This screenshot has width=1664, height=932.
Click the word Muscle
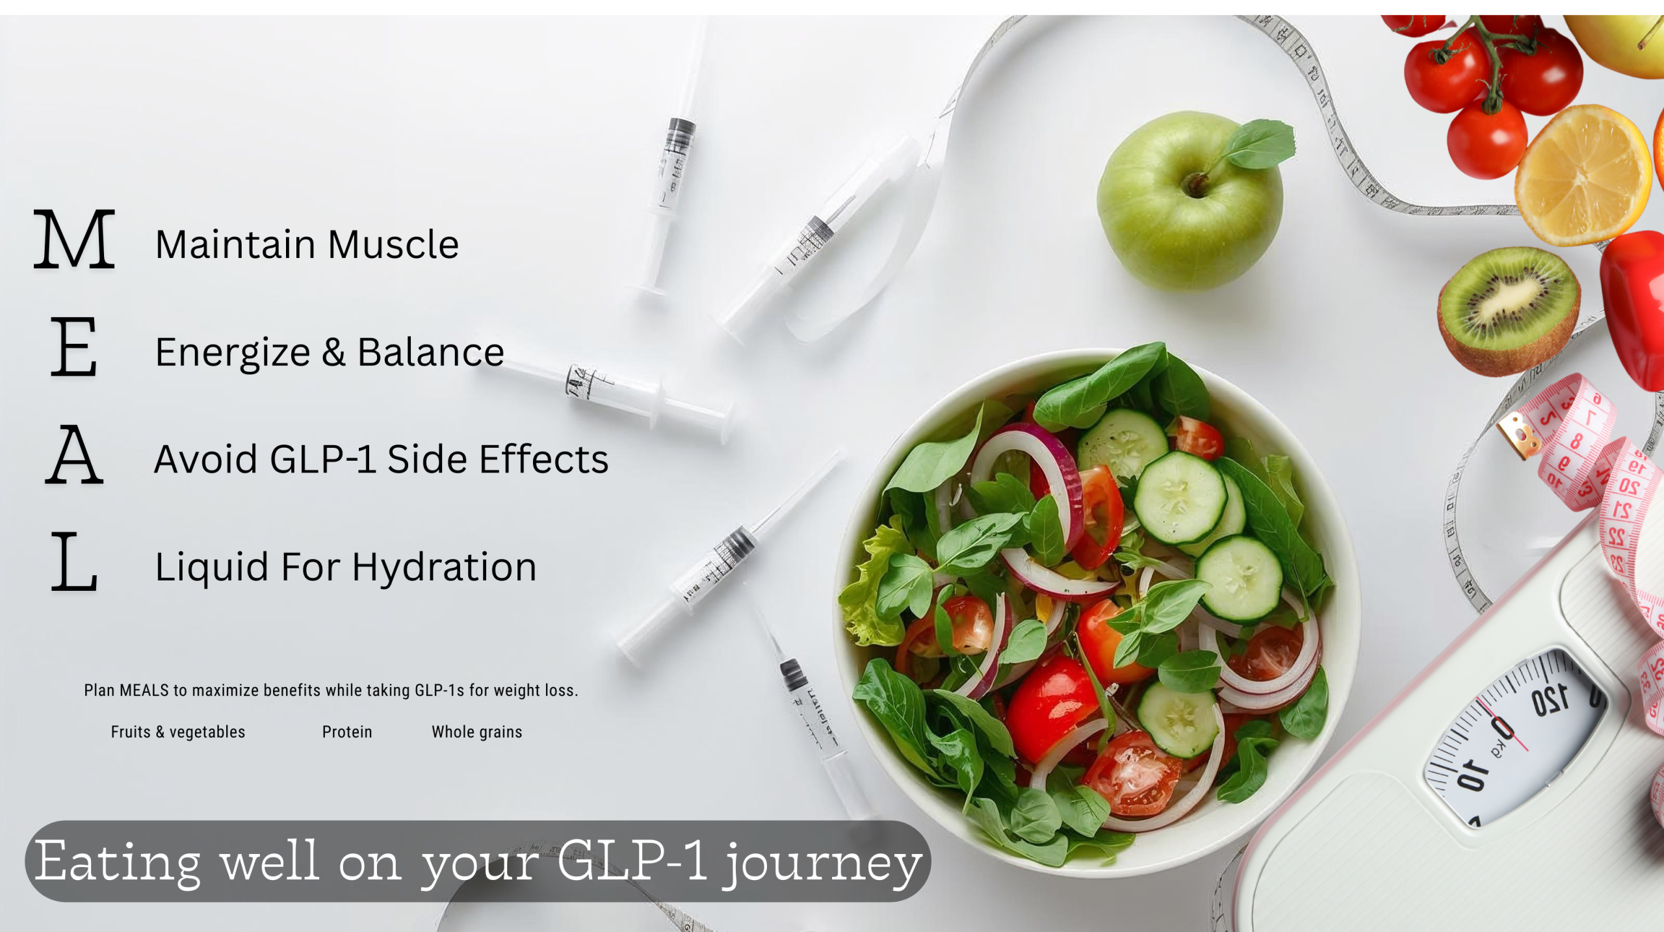(393, 244)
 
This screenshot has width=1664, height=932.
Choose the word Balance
(430, 352)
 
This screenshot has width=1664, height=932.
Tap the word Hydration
(444, 567)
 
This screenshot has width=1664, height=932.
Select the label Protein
(347, 732)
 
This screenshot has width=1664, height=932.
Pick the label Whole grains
(477, 732)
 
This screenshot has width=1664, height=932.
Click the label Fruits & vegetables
(178, 732)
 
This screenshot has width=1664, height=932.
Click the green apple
(1189, 201)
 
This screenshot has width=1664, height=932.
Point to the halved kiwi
(1509, 311)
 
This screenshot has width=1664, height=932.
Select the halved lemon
(1583, 174)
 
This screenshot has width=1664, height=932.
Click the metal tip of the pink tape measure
(1518, 434)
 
